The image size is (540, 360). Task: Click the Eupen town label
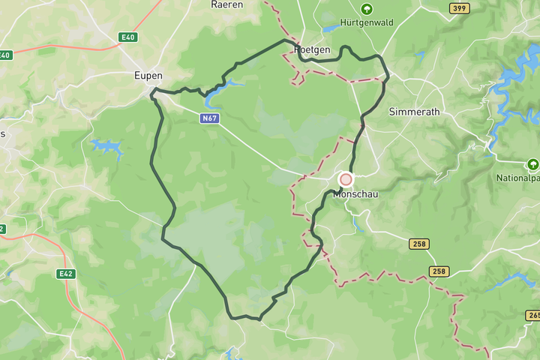coord(148,76)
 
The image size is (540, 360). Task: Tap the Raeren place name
coord(226,4)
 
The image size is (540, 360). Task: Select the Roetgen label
coord(312,49)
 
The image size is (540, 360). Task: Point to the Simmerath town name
coord(414,112)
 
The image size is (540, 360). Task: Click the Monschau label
coord(355,193)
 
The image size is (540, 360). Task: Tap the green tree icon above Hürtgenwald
coord(367,9)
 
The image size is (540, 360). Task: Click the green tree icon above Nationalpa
coord(532,164)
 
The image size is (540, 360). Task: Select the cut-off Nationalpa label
coord(518,178)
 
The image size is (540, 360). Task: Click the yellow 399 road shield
coord(460,8)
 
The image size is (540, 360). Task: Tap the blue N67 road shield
coord(211,118)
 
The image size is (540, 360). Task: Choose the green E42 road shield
coord(66,274)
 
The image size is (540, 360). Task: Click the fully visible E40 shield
coord(128,37)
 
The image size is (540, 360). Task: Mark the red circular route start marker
coord(346,179)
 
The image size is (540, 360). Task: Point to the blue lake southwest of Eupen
coord(106,146)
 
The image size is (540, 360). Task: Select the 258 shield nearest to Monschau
coord(419,244)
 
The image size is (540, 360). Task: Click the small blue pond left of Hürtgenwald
coord(331,28)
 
